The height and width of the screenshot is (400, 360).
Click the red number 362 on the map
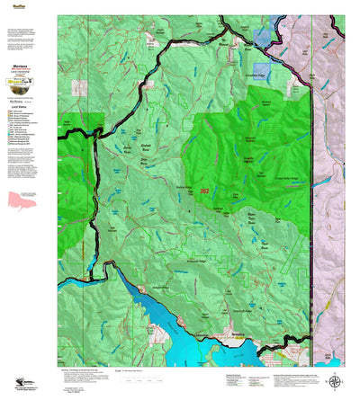click(205, 191)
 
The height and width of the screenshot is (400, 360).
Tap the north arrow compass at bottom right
click(336, 381)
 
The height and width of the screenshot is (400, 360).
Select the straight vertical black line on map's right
click(310, 225)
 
